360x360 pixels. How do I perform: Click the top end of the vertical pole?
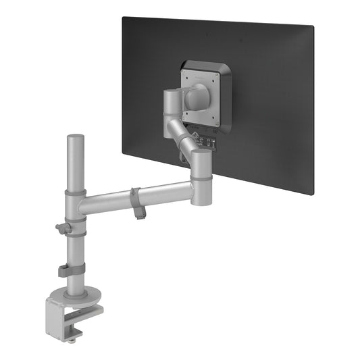[75, 138]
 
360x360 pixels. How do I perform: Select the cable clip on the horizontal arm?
[137, 202]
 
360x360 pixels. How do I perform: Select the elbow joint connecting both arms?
[200, 177]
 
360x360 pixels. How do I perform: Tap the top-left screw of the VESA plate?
[184, 70]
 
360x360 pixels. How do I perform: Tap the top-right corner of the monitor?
[314, 26]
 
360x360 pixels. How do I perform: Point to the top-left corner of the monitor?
[123, 18]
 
